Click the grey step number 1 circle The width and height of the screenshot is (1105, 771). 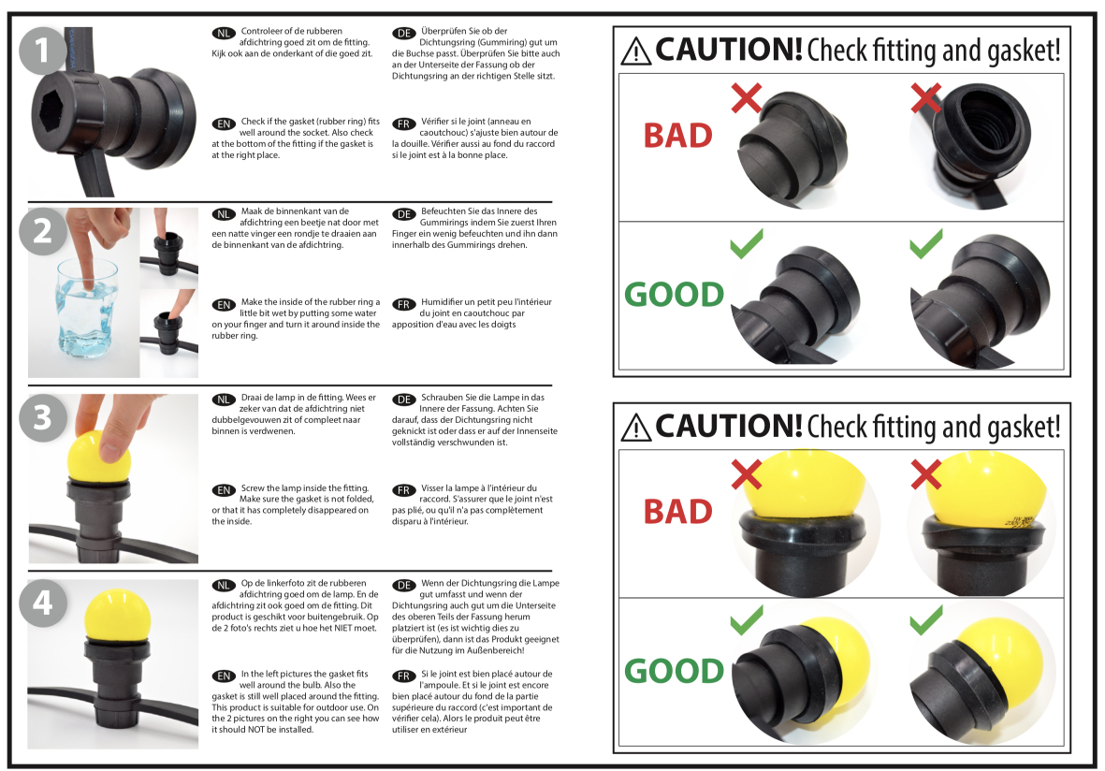pyautogui.click(x=42, y=50)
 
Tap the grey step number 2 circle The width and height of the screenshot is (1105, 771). pyautogui.click(x=42, y=231)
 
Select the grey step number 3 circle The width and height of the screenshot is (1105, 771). pyautogui.click(x=42, y=417)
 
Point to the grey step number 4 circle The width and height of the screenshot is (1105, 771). pyautogui.click(x=42, y=604)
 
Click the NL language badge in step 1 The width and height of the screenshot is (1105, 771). pyautogui.click(x=224, y=33)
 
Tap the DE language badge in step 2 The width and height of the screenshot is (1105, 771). pyautogui.click(x=404, y=213)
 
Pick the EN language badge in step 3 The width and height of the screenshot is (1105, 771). pyautogui.click(x=224, y=489)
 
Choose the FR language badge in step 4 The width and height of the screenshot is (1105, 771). pyautogui.click(x=404, y=676)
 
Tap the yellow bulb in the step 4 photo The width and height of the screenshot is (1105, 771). pyautogui.click(x=117, y=617)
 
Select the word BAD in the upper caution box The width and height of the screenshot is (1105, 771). pyautogui.click(x=678, y=136)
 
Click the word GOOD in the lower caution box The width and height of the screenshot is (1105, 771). pyautogui.click(x=675, y=671)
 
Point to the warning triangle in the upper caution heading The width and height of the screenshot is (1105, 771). pyautogui.click(x=636, y=51)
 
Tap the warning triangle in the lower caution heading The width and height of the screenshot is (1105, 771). pyautogui.click(x=636, y=428)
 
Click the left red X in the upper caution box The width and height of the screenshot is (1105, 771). pyautogui.click(x=747, y=98)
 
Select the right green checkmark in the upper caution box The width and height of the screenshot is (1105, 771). pyautogui.click(x=926, y=243)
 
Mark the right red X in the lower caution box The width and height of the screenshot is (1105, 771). pyautogui.click(x=926, y=474)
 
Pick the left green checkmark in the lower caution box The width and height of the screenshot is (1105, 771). pyautogui.click(x=747, y=620)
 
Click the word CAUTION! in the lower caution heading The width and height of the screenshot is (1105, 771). pyautogui.click(x=729, y=426)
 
